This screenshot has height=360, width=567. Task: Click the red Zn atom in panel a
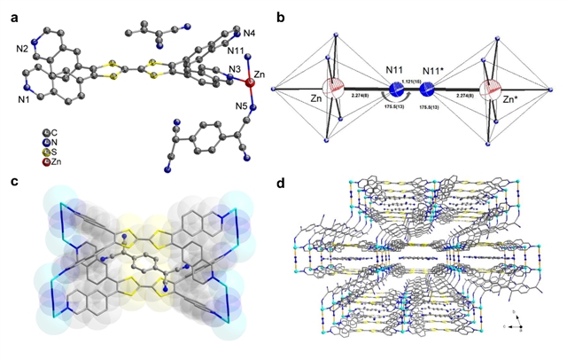coord(250,84)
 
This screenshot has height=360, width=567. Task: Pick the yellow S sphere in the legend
coord(34,153)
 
